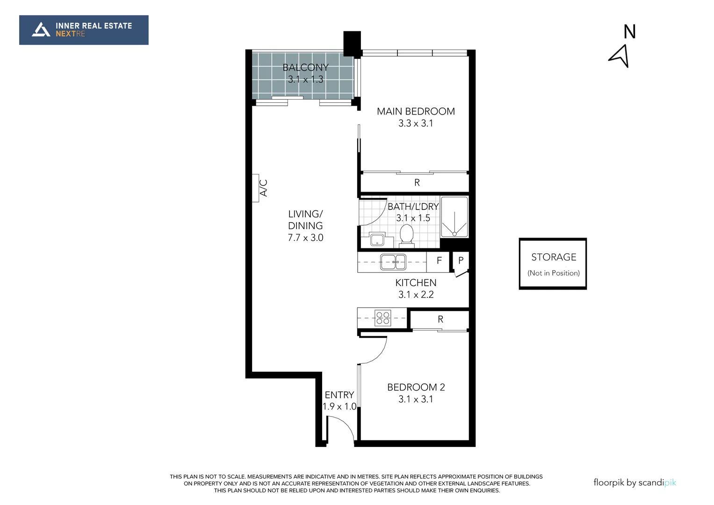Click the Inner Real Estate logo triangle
coord(41,29)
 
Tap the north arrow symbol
coord(620,56)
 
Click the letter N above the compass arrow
coord(629,32)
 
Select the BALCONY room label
coord(305,68)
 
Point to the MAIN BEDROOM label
coord(416,111)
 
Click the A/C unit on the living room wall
coord(256,188)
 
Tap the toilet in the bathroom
coord(406,235)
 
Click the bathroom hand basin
coord(376,240)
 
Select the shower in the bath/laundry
coord(454,217)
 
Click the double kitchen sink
coord(393,262)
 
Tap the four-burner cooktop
coord(383,318)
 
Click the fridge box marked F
coord(439,261)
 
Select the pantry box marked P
coord(461,261)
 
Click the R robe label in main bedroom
coord(417,183)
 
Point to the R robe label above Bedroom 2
coord(440,319)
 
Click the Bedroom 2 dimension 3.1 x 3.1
coord(416,399)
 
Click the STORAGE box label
coord(554,257)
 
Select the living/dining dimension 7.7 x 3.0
coord(305,238)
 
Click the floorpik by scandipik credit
coord(635,483)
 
